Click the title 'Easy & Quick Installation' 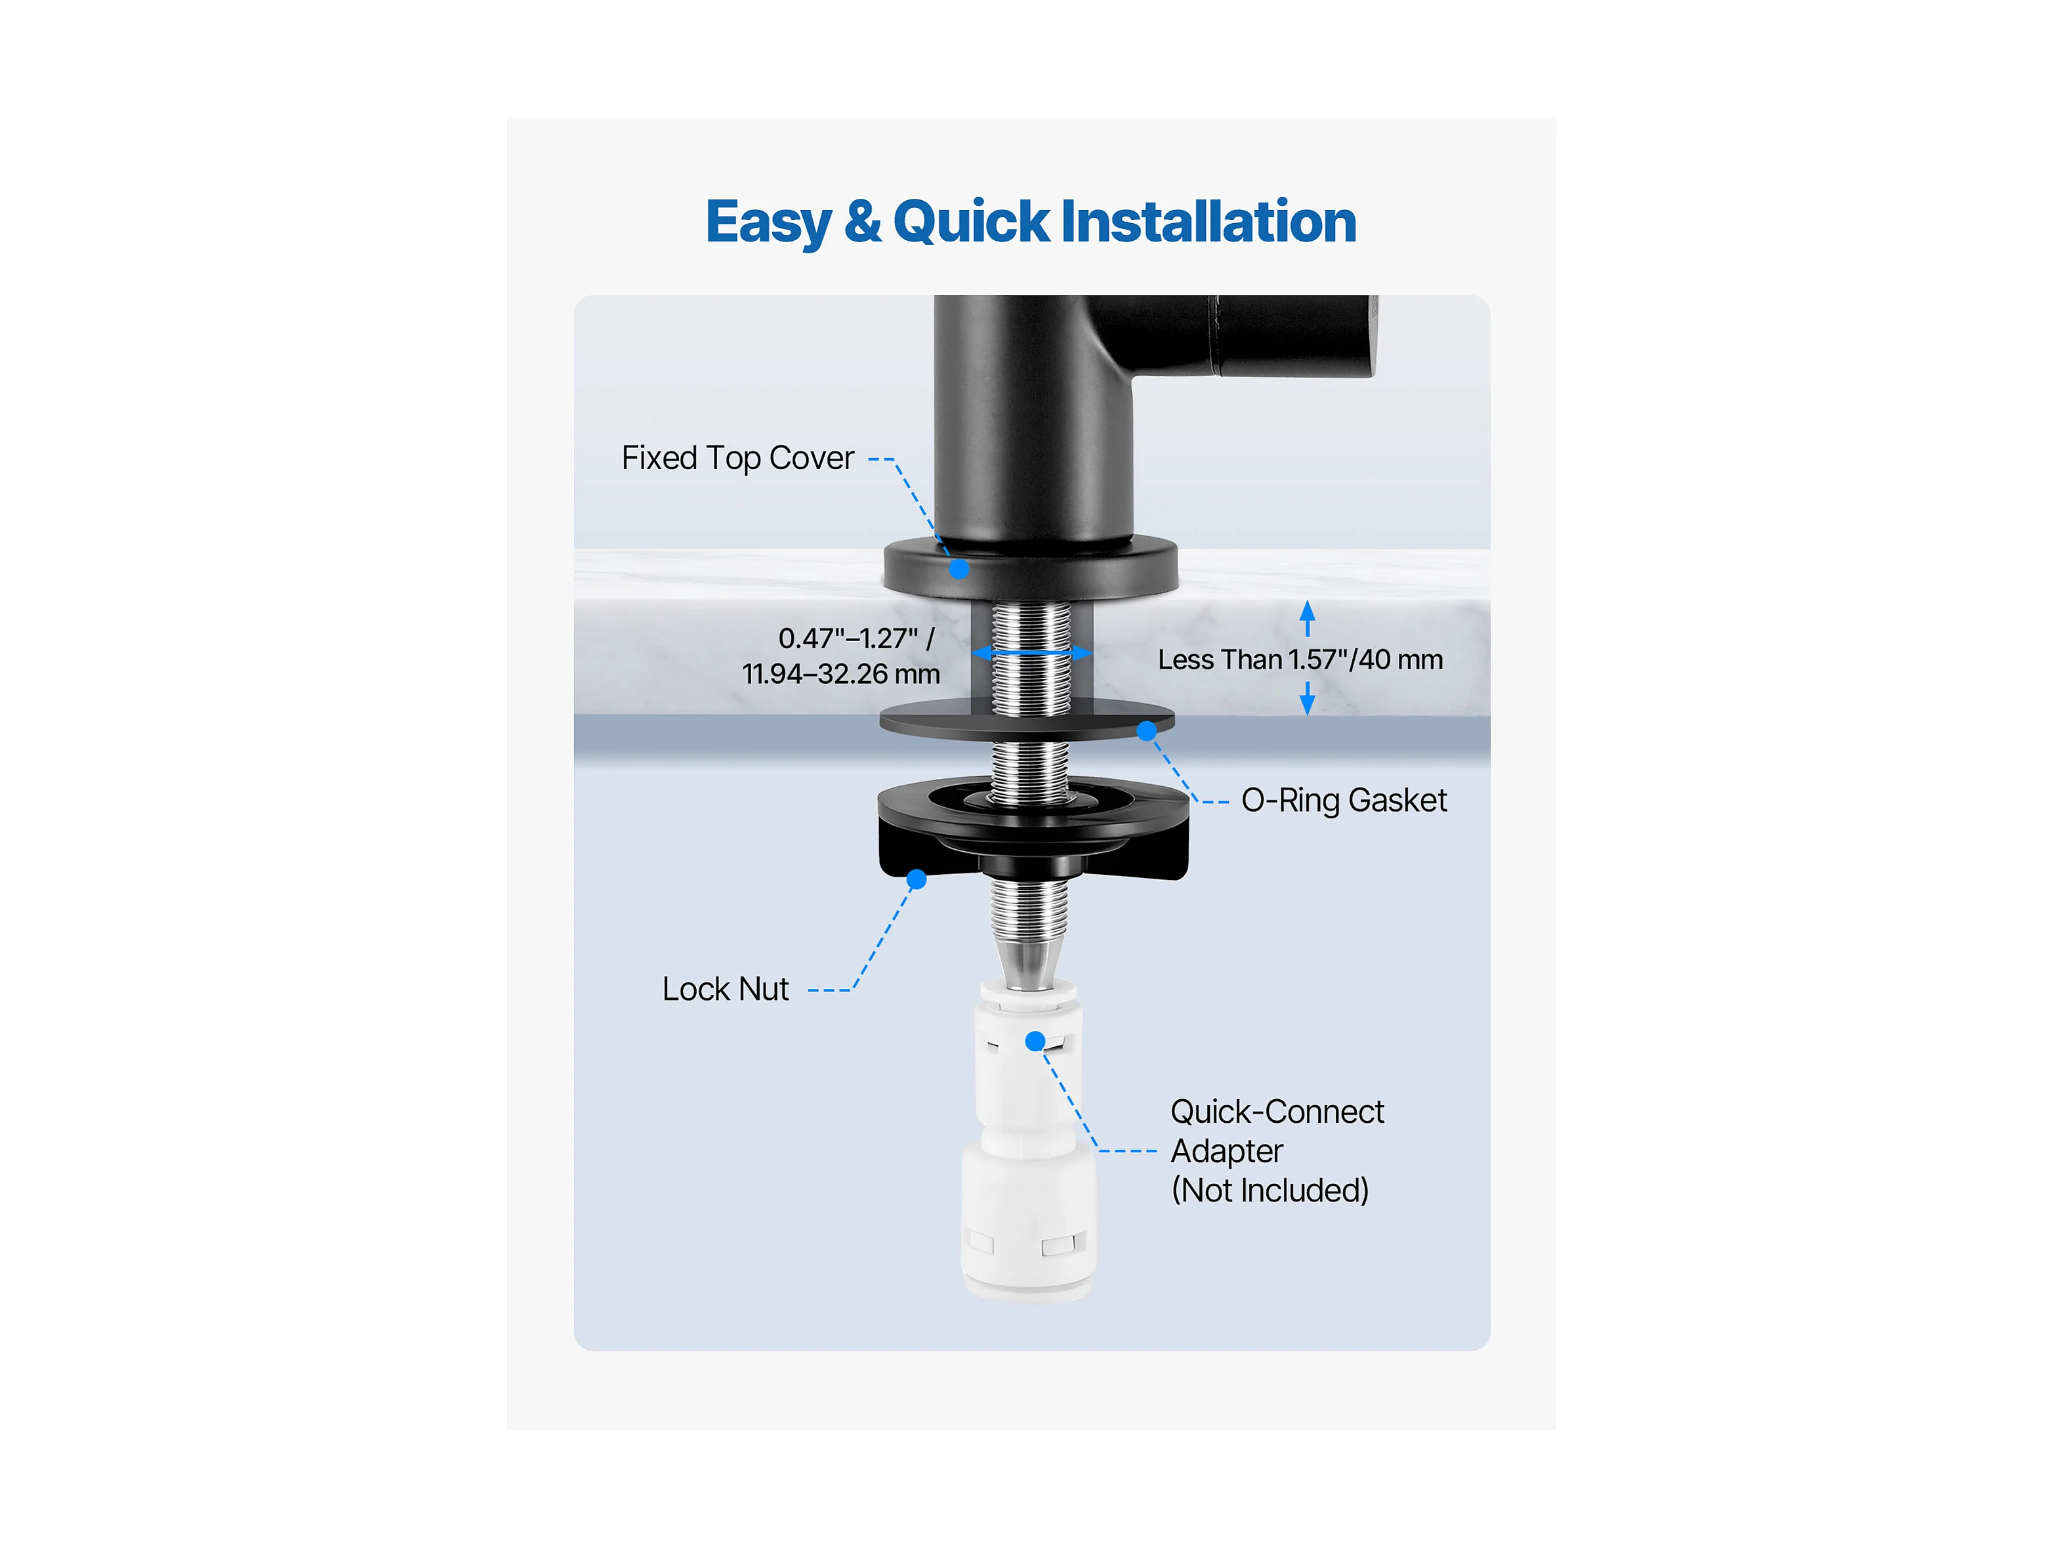coord(1031,222)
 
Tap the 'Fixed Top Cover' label coord(737,458)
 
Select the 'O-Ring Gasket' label coord(1344,801)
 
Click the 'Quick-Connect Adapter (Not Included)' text coord(1277,1150)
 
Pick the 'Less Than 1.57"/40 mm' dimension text coord(1300,659)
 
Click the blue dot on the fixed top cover coord(959,568)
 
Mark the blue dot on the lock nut coord(917,879)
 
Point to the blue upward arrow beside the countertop coord(1308,619)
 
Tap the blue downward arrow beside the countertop coord(1308,698)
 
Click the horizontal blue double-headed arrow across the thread coord(1031,652)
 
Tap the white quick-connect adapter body coord(1029,1141)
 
